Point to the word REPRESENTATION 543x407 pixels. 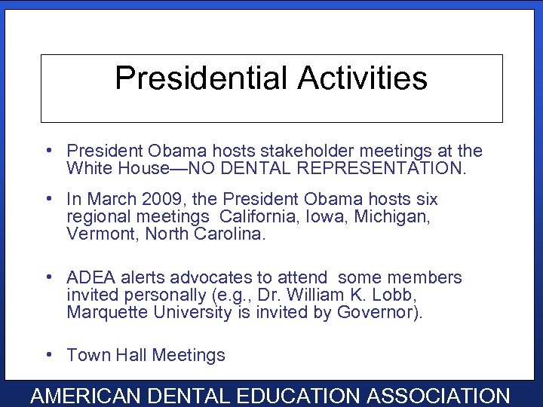[x=383, y=168]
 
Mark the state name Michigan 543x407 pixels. [x=391, y=217]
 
